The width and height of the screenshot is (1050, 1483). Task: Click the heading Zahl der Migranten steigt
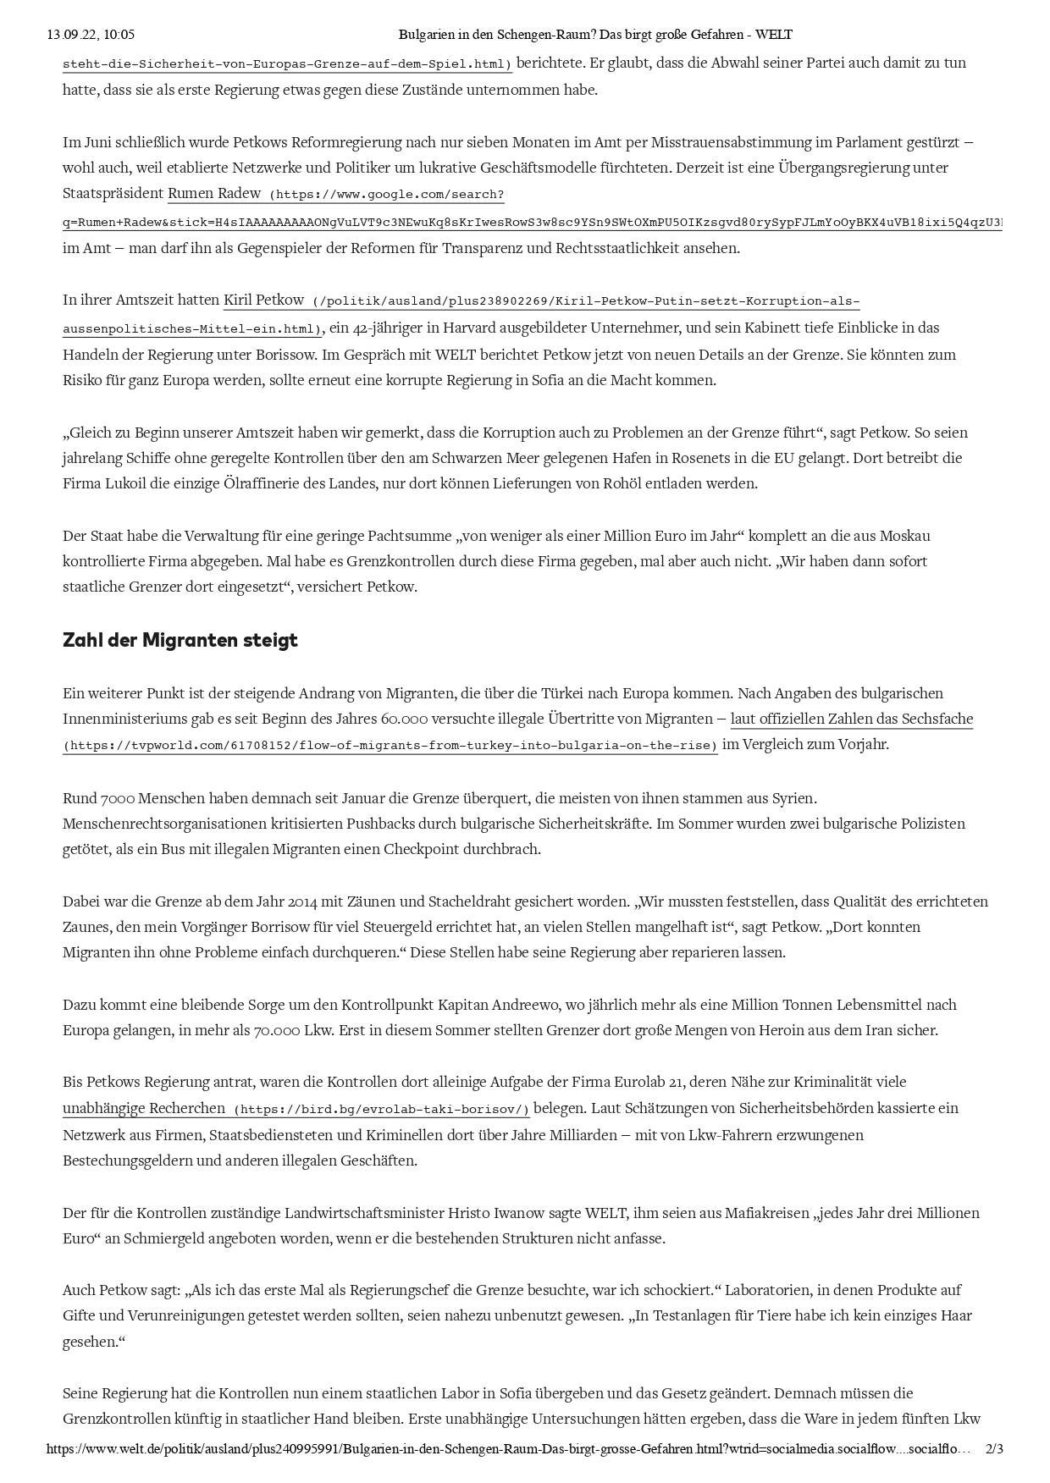180,640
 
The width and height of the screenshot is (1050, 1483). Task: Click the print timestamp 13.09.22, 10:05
91,35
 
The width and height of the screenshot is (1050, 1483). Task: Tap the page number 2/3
994,1448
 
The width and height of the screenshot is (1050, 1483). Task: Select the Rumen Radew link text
214,193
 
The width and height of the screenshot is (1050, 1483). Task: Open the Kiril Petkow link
263,300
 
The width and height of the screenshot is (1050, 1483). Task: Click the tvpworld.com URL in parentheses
390,746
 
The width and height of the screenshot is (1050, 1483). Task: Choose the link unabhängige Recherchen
144,1108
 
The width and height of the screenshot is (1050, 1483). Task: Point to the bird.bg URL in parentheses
382,1110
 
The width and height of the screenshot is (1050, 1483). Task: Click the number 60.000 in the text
403,719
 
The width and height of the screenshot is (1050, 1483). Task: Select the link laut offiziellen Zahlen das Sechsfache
852,719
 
